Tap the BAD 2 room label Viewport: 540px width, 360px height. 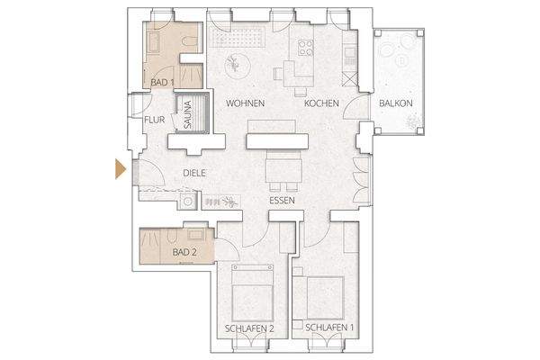coord(184,253)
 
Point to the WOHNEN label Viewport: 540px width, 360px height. coord(245,103)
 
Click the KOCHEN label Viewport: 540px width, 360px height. coord(321,103)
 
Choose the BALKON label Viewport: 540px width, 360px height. coord(396,103)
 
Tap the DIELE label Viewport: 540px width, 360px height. coord(195,173)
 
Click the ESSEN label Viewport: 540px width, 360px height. coord(283,200)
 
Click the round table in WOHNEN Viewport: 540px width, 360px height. coord(233,62)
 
